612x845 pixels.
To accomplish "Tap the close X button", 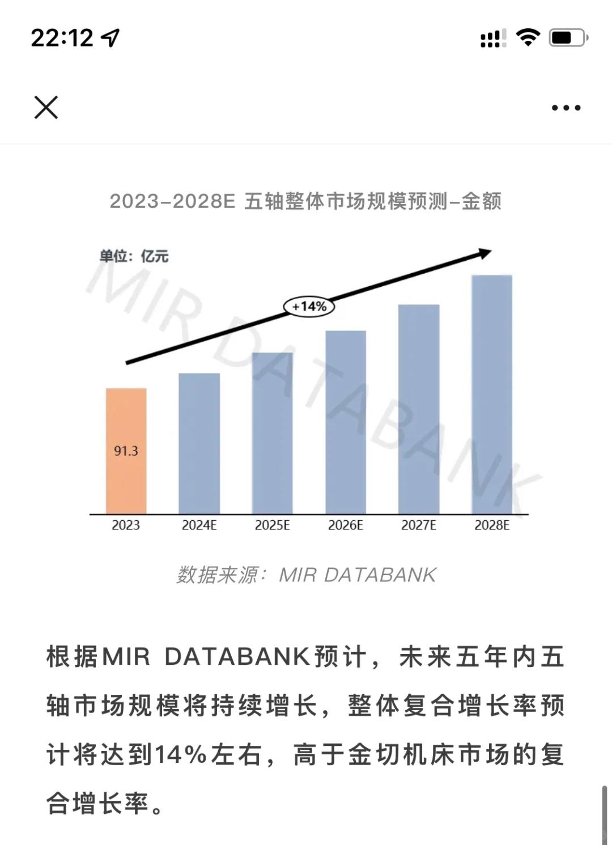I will click(x=46, y=107).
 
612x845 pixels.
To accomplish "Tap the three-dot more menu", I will click(x=566, y=108).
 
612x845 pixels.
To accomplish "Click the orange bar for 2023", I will click(x=126, y=419).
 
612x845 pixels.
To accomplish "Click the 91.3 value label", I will click(x=126, y=451).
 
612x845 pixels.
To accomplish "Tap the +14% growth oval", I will click(x=309, y=307).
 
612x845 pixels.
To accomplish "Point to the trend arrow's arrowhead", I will click(x=484, y=253).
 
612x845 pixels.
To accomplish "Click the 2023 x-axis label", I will click(x=126, y=525).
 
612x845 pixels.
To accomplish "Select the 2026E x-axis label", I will click(x=346, y=525).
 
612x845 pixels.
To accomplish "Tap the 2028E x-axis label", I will click(x=492, y=525).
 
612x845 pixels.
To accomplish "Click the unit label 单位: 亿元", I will click(x=134, y=256).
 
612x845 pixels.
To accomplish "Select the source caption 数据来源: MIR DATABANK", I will click(x=306, y=575).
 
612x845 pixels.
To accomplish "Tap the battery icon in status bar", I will click(x=568, y=38).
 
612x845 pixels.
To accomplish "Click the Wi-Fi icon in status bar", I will click(x=528, y=37).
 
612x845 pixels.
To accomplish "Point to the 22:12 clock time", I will click(x=62, y=38).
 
